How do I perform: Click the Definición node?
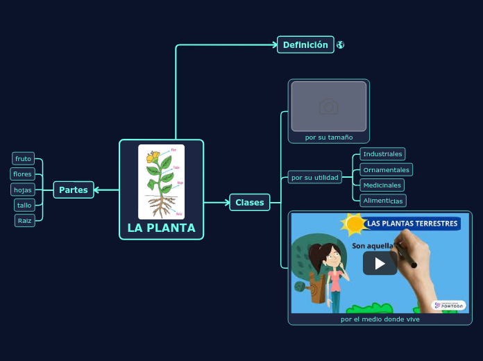(305, 45)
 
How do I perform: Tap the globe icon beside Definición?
(341, 45)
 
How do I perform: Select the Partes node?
(74, 190)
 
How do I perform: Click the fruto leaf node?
(24, 159)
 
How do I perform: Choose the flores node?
(23, 174)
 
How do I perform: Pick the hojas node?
(23, 190)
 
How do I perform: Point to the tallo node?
(24, 205)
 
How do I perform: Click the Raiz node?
(25, 221)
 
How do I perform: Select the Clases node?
(250, 203)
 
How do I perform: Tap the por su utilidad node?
(315, 178)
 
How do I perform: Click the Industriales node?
(382, 154)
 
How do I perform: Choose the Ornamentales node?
(387, 170)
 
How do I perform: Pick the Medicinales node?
(382, 185)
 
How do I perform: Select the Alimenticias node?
(383, 201)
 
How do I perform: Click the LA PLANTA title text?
(162, 228)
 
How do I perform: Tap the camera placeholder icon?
(329, 106)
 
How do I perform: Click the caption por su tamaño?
(329, 137)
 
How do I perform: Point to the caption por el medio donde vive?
(380, 319)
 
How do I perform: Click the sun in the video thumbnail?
(355, 224)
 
